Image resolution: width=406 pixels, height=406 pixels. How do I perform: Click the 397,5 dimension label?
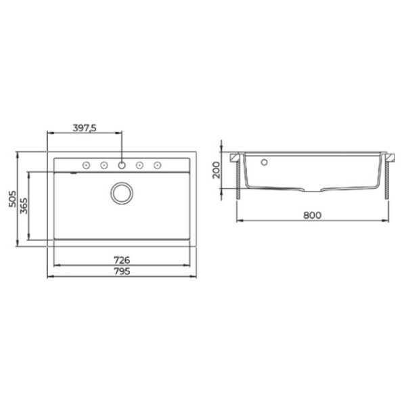86,127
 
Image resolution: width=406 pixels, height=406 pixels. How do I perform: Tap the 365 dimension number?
23,206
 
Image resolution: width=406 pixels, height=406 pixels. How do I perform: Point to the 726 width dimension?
122,260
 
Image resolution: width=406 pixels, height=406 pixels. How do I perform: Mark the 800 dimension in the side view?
311,216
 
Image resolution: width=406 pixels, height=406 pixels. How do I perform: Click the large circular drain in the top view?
122,193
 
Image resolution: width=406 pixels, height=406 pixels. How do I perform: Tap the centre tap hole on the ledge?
122,164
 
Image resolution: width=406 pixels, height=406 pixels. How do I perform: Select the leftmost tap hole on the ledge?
87,164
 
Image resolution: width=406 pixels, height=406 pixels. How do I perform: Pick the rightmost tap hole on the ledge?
157,164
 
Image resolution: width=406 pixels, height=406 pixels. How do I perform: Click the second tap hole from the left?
105,164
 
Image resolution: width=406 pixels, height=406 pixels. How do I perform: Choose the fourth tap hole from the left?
140,164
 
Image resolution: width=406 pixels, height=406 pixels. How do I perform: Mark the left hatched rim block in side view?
236,158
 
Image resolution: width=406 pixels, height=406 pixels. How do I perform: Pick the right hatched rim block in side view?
388,158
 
